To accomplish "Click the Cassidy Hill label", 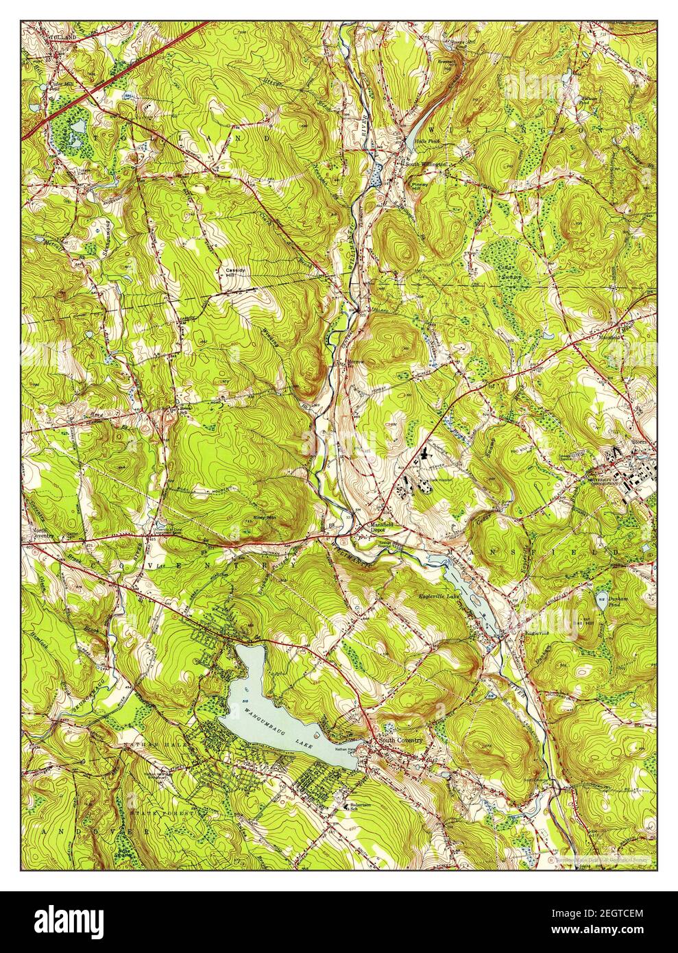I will click(232, 272).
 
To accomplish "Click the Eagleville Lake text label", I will click(438, 597).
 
